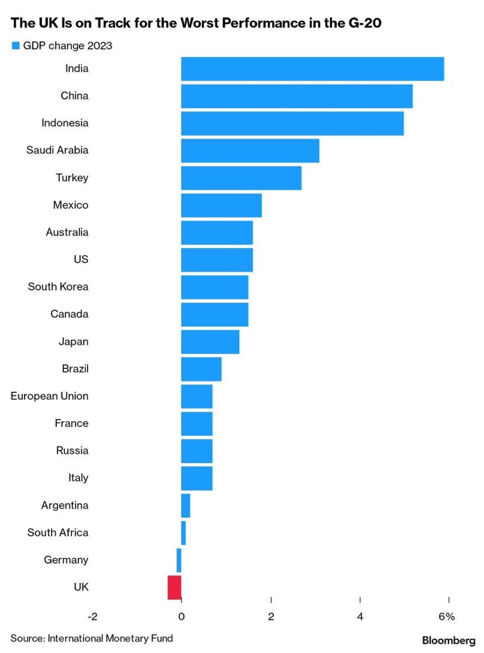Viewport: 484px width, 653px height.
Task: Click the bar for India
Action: pos(312,69)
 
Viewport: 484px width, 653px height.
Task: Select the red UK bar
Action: pos(174,587)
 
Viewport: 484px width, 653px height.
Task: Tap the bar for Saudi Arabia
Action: pos(250,150)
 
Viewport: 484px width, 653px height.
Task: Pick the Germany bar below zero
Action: pos(179,560)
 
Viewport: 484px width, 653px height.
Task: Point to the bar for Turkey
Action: pos(241,178)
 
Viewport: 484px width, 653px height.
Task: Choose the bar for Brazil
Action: pos(201,369)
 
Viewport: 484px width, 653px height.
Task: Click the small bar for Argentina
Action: pos(185,506)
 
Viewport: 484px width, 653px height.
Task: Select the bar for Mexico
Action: pos(221,206)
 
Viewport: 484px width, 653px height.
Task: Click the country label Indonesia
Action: pos(65,123)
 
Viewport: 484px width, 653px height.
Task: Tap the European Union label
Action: pos(49,396)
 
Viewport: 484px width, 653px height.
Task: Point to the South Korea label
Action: pos(58,287)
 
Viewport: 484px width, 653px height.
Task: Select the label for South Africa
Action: pos(58,533)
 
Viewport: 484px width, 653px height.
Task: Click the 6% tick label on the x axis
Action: pos(447,617)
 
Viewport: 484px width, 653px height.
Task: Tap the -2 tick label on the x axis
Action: pos(92,617)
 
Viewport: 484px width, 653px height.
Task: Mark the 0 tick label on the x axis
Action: pos(181,617)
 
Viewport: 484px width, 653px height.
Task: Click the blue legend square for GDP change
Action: pos(16,46)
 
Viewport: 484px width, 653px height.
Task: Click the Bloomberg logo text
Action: pos(449,640)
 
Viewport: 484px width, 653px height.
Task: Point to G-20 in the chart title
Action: pos(365,23)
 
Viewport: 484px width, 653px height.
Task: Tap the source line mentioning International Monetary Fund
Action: pos(92,638)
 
